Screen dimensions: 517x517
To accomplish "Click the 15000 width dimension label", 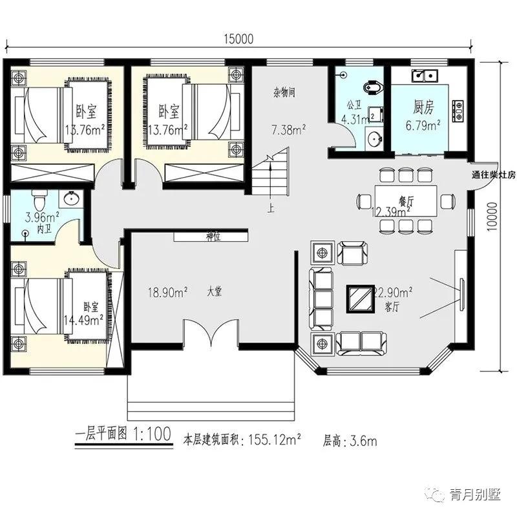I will tap(238, 39).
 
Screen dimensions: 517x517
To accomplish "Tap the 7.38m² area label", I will tap(288, 131).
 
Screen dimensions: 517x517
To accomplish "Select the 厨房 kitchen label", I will tap(427, 107).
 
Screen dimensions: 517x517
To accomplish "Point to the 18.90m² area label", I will tap(167, 292).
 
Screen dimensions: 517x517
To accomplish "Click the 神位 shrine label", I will tap(213, 237).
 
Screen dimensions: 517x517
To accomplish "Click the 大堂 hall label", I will tap(215, 292).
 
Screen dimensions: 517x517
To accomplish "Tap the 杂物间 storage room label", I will tap(284, 92).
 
